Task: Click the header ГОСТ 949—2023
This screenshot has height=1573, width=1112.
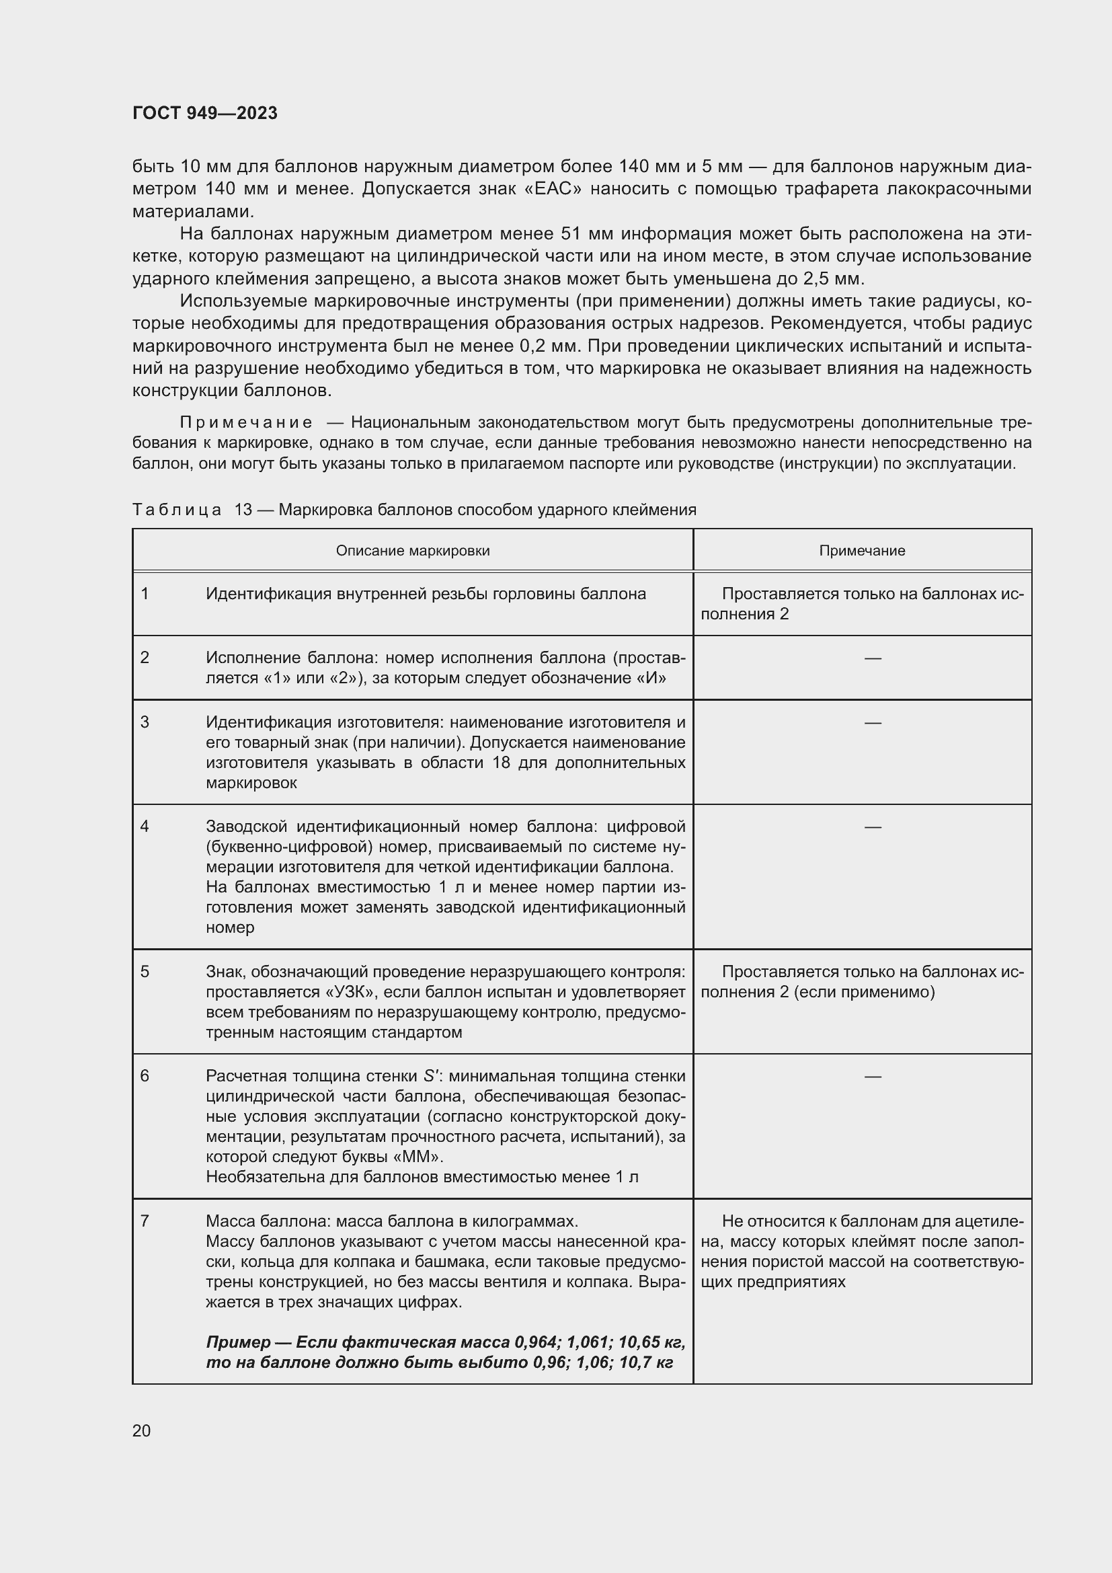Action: [x=205, y=113]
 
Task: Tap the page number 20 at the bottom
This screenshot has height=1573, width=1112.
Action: [x=142, y=1430]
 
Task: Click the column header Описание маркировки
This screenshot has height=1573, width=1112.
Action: [x=412, y=551]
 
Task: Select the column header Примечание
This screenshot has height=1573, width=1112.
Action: [x=861, y=551]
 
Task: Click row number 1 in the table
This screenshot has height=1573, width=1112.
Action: [x=145, y=594]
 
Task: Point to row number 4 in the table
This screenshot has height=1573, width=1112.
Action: [x=145, y=827]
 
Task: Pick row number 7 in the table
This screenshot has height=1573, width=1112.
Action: [x=145, y=1221]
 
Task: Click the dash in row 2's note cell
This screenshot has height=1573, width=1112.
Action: [x=873, y=658]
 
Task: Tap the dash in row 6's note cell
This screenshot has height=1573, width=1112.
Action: [x=873, y=1076]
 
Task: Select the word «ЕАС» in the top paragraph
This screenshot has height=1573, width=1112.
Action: [x=553, y=188]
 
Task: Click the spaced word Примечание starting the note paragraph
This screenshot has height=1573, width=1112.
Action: [x=246, y=423]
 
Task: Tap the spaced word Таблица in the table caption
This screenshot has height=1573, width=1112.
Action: [x=177, y=510]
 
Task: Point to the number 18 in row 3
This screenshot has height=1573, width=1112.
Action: [x=502, y=763]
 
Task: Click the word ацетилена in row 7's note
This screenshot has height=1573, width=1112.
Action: [x=986, y=1221]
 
